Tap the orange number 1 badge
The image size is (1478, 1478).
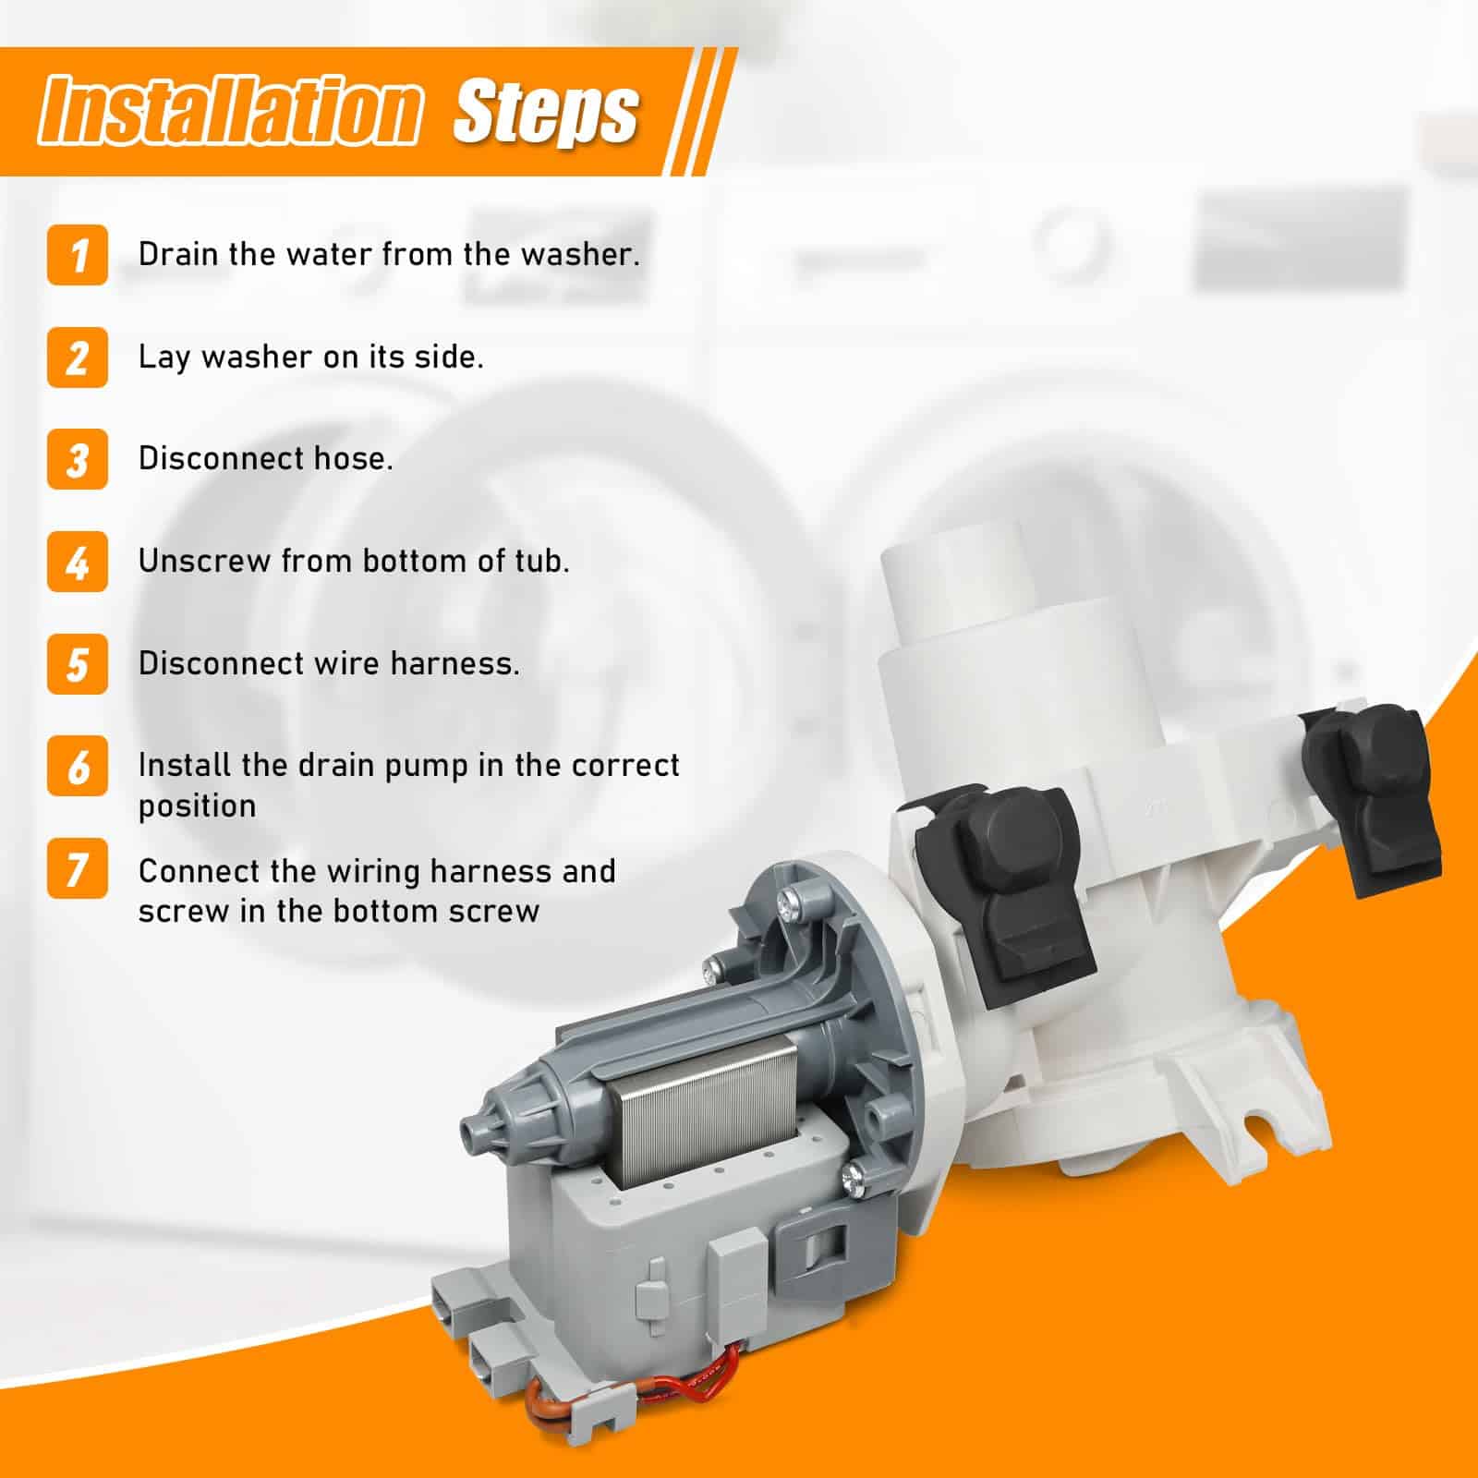coord(78,255)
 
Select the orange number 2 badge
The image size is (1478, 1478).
coord(78,357)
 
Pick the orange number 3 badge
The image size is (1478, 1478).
coord(78,459)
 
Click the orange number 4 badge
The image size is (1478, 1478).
coord(78,562)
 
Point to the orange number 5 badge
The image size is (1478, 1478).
coord(78,664)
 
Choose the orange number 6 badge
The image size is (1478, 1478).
coord(78,767)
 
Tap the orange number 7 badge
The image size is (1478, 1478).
coord(78,869)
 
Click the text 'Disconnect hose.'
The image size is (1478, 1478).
coord(266,458)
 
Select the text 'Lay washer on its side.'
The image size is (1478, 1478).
coord(311,357)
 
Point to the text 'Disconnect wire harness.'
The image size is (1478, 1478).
coord(329,663)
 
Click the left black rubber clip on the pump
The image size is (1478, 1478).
coord(1005,890)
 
